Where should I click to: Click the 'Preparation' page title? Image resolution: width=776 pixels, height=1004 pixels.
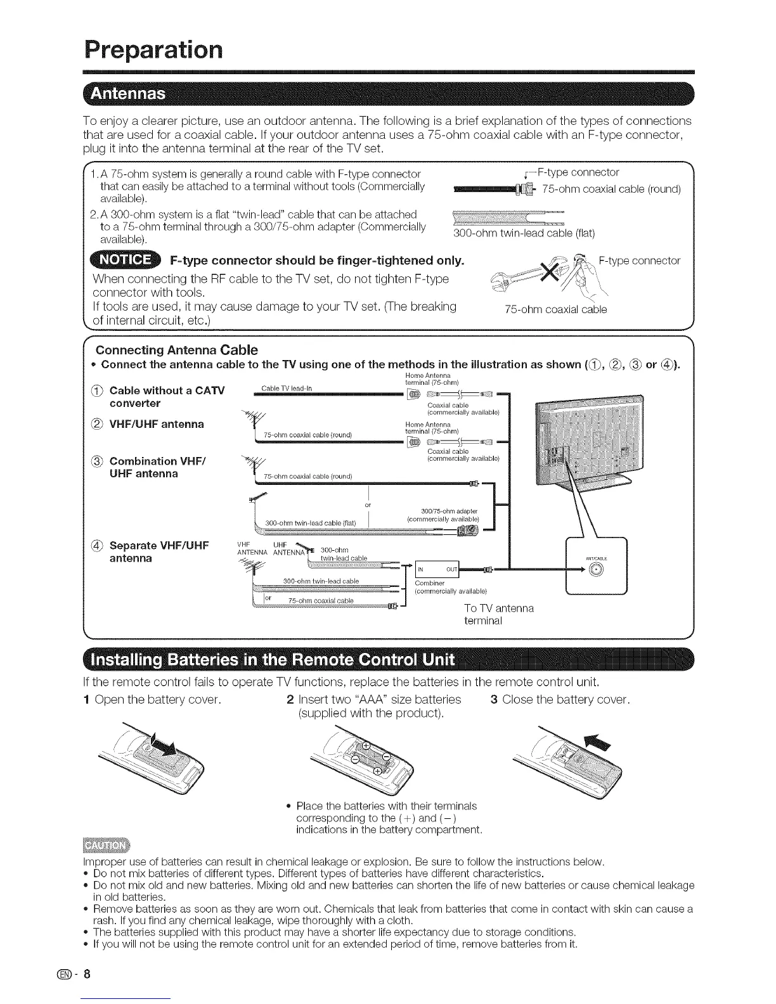coord(154,49)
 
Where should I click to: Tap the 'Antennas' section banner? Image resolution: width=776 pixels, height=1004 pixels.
coord(129,95)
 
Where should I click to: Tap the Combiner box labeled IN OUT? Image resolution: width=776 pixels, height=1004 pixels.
coord(436,568)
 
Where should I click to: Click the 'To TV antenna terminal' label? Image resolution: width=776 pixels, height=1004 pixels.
coord(499,614)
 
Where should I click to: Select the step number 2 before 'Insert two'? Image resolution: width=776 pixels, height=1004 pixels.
coord(289,700)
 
